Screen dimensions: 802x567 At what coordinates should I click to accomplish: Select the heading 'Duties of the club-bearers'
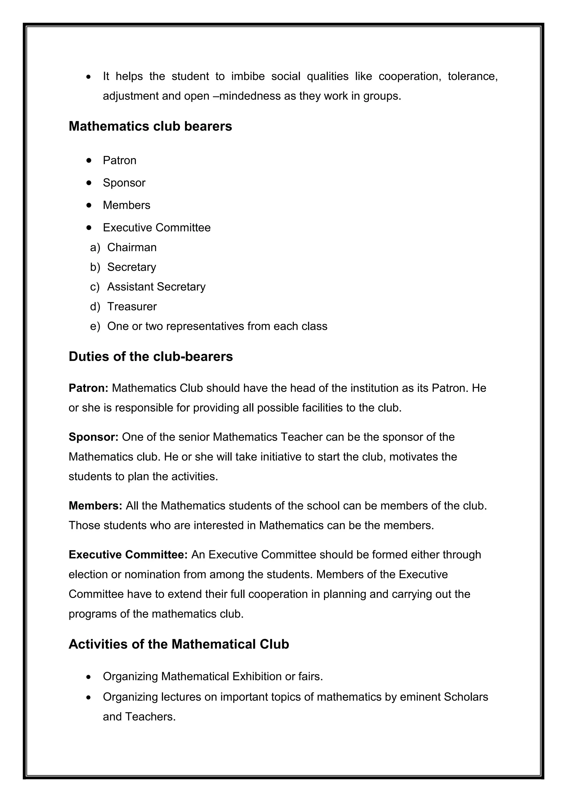(x=151, y=357)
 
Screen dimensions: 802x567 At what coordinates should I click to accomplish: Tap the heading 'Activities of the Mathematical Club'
(x=179, y=644)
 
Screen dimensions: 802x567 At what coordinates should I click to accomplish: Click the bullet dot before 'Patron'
(x=89, y=160)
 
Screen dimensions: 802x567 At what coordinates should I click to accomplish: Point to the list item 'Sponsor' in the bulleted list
(x=124, y=183)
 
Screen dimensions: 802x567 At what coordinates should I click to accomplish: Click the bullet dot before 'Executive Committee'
(x=89, y=228)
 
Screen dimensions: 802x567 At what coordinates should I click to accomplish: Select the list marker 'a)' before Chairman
(x=95, y=248)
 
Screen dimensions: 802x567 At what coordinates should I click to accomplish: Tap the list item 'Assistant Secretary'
(x=156, y=287)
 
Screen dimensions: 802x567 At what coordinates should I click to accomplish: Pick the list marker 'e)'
(x=95, y=327)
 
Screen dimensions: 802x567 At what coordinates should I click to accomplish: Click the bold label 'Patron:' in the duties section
(x=89, y=388)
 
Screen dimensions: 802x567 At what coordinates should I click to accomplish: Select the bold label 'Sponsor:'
(x=94, y=437)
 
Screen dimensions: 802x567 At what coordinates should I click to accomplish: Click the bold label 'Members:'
(x=95, y=506)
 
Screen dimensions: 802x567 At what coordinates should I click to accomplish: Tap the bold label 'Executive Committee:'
(x=128, y=555)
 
